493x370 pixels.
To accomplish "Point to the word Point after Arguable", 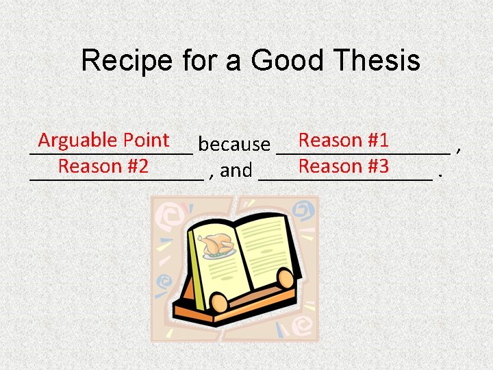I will pos(146,140).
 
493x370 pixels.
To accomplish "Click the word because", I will pos(233,145).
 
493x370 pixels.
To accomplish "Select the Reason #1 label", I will pos(344,140).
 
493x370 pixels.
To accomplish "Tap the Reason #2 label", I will pos(103,166).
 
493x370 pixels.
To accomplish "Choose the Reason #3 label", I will pos(344,166).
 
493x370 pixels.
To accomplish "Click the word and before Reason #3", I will pos(236,170).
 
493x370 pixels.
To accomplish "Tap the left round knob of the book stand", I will pos(220,302).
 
